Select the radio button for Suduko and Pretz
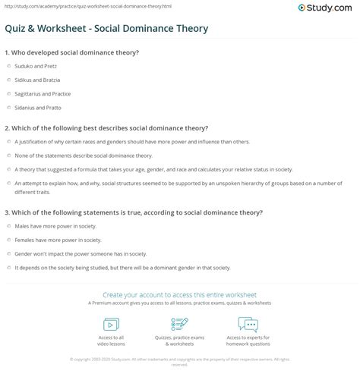8,66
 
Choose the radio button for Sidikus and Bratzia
8,79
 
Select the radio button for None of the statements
8,154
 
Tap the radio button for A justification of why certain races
8,141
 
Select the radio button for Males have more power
8,226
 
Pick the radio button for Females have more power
8,240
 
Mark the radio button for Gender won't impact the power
8,253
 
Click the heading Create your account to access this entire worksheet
180,294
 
